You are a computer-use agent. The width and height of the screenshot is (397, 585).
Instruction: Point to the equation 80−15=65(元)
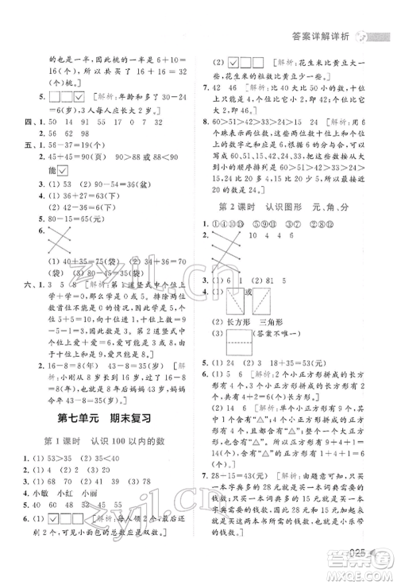[83, 219]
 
